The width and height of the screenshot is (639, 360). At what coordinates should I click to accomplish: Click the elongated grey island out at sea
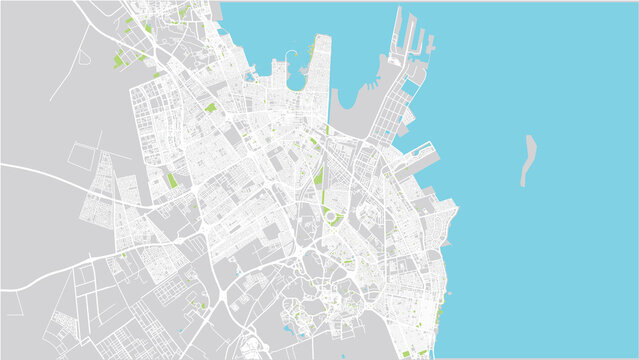pos(528,160)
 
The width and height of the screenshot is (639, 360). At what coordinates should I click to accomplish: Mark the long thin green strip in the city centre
pos(320,174)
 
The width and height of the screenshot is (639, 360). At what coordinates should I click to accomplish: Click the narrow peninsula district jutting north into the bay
pos(318,75)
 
